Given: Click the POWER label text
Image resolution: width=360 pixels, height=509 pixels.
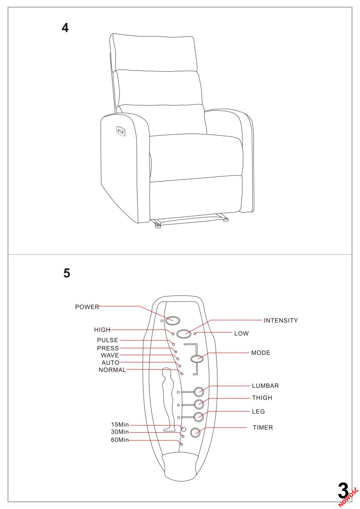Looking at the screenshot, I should click(x=87, y=306).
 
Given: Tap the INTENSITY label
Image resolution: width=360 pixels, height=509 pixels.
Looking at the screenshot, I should click(x=281, y=320).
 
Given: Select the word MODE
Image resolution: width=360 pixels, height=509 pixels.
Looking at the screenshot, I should click(x=261, y=352).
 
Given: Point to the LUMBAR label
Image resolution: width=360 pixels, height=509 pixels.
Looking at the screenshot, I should click(x=265, y=386).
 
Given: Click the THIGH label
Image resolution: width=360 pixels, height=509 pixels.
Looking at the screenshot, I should click(x=262, y=398).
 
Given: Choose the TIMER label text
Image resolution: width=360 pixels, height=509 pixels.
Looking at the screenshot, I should click(x=263, y=428).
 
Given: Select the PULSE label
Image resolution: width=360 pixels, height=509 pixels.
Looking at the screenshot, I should click(x=108, y=340).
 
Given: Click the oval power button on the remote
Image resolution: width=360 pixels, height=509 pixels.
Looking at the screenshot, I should click(x=173, y=321).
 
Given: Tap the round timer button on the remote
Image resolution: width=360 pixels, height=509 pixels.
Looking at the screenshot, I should click(x=195, y=433).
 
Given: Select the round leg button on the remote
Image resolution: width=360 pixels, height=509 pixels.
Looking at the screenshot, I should click(x=198, y=417).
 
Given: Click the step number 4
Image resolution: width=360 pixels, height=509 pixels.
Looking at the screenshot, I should click(x=65, y=28).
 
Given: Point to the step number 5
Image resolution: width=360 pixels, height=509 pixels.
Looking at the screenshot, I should click(x=67, y=274).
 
